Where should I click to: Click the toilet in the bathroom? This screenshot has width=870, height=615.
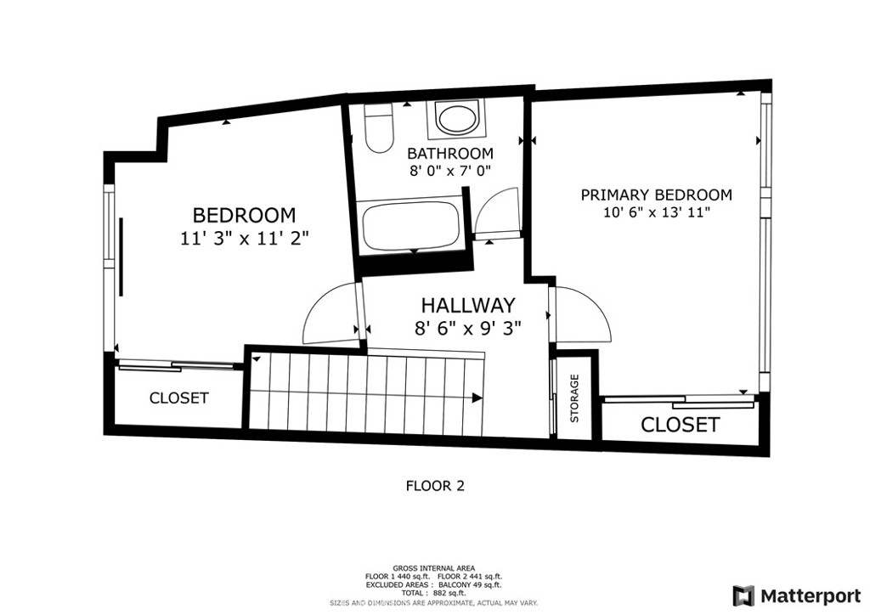tap(378, 128)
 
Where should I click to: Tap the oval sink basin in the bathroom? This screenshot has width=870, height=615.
tap(456, 119)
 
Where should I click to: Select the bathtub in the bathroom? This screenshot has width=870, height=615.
tap(410, 228)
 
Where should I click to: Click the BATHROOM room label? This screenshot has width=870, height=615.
tap(450, 153)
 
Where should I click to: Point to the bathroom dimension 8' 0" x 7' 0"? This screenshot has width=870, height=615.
tap(450, 170)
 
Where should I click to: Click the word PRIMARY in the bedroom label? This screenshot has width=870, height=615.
tap(615, 195)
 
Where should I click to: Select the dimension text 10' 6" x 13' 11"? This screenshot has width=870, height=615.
tap(657, 212)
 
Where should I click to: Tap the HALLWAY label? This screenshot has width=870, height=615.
tap(468, 306)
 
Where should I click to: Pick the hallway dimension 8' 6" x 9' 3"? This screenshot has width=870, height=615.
tap(468, 329)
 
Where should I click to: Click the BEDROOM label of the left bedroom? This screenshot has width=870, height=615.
tap(244, 215)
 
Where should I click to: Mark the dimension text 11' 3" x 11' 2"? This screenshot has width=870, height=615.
tap(244, 239)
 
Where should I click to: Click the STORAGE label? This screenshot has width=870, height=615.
tap(574, 398)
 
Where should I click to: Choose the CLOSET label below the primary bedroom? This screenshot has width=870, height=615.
tap(681, 425)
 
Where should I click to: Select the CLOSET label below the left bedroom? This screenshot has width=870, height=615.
tap(178, 398)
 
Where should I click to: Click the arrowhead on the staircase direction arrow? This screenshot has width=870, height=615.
tap(477, 398)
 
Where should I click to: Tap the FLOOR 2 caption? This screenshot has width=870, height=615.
tap(435, 487)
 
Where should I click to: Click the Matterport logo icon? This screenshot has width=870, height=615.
tap(743, 596)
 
